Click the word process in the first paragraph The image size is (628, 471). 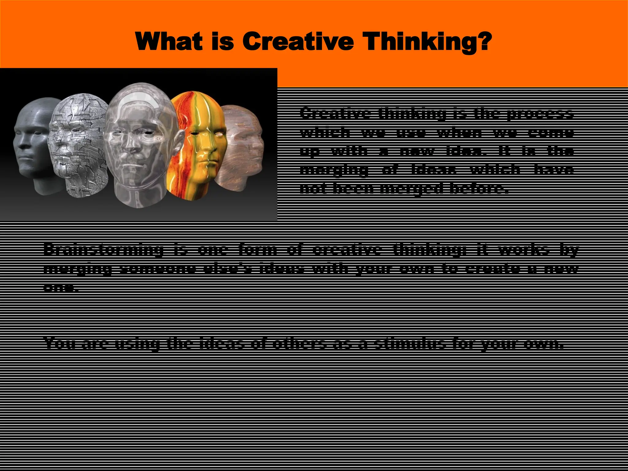[x=540, y=113]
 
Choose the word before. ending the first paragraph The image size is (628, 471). [x=477, y=188]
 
